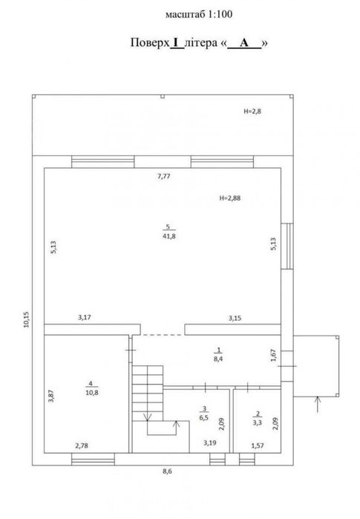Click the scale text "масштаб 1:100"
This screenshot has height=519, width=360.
(x=199, y=14)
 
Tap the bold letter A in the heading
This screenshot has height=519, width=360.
(x=244, y=43)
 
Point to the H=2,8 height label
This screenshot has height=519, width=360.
(x=252, y=111)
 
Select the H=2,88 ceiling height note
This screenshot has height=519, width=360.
(x=230, y=198)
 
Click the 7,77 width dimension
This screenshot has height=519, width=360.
(x=164, y=176)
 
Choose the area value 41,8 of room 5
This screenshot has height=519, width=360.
(x=169, y=236)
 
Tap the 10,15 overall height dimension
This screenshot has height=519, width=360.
(x=27, y=320)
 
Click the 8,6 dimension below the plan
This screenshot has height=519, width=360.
(x=168, y=471)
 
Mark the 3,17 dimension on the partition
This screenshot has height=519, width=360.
(x=85, y=318)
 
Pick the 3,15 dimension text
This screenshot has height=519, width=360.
(x=235, y=319)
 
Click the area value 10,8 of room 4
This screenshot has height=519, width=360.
(x=91, y=393)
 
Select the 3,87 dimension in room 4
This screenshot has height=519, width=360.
(x=51, y=396)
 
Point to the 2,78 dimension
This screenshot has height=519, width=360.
(x=82, y=445)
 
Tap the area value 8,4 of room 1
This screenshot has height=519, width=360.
(x=218, y=359)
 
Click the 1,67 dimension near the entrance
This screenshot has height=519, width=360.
(x=273, y=355)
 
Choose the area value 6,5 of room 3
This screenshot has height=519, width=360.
(x=204, y=418)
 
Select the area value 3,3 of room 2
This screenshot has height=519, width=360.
(x=258, y=422)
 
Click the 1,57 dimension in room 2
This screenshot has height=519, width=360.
(x=258, y=445)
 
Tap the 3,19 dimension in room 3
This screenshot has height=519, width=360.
(x=210, y=443)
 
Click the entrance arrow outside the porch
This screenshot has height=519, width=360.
(x=318, y=404)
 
